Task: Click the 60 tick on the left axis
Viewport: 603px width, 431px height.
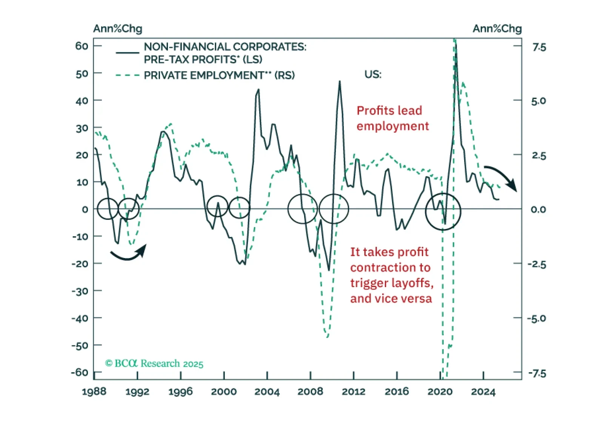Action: click(82, 46)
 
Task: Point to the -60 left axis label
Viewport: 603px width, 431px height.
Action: click(80, 372)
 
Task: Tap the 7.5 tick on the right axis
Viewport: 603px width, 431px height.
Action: click(539, 47)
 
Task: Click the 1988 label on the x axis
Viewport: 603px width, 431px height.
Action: click(94, 391)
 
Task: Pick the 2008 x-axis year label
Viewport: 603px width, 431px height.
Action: click(310, 391)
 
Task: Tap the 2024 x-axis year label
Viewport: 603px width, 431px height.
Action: click(483, 391)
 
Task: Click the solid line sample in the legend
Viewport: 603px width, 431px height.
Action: click(128, 53)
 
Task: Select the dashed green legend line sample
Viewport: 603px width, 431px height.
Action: click(128, 75)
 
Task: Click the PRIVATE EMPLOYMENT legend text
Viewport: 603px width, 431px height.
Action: click(219, 75)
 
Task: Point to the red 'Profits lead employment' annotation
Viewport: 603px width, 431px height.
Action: click(392, 118)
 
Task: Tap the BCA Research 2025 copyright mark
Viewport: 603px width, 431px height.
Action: click(154, 364)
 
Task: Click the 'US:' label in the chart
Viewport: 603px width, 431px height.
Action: click(373, 74)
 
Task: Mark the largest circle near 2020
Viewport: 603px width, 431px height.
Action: click(443, 211)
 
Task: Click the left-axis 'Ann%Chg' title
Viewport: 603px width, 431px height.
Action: click(118, 29)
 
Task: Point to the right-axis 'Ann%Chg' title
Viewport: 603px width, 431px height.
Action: click(497, 29)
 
